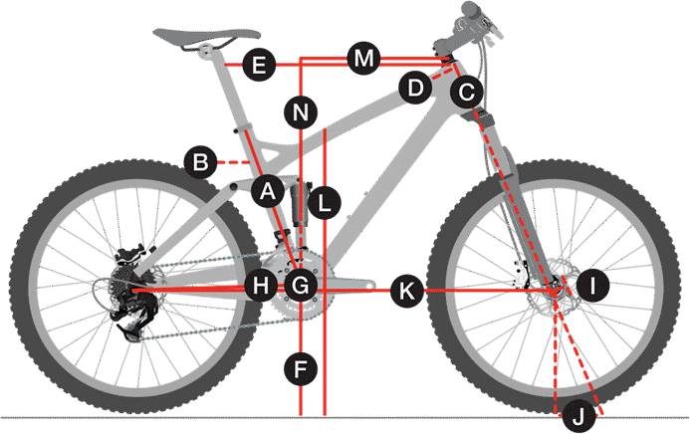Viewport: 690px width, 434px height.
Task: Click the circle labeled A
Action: click(x=268, y=191)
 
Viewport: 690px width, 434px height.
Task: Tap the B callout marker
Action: click(x=201, y=162)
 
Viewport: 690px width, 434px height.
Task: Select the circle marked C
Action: click(x=466, y=93)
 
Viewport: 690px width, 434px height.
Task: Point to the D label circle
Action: click(x=415, y=88)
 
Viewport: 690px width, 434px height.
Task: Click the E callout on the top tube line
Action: click(x=259, y=65)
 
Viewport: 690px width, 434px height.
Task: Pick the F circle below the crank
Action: click(x=301, y=369)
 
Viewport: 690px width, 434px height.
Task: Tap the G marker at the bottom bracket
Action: click(x=301, y=286)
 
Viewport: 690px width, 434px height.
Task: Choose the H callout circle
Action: click(x=261, y=286)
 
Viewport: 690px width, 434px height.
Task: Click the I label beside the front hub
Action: click(x=592, y=286)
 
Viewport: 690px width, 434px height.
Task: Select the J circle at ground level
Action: click(x=579, y=415)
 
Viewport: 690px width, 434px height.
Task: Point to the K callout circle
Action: click(x=407, y=291)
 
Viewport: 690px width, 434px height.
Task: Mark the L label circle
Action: click(x=325, y=203)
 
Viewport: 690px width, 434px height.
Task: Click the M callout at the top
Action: click(x=363, y=59)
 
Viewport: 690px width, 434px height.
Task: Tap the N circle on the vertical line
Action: click(x=301, y=112)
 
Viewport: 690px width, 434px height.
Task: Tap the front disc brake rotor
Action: click(x=556, y=288)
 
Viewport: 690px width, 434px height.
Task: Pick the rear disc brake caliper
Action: click(x=132, y=254)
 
